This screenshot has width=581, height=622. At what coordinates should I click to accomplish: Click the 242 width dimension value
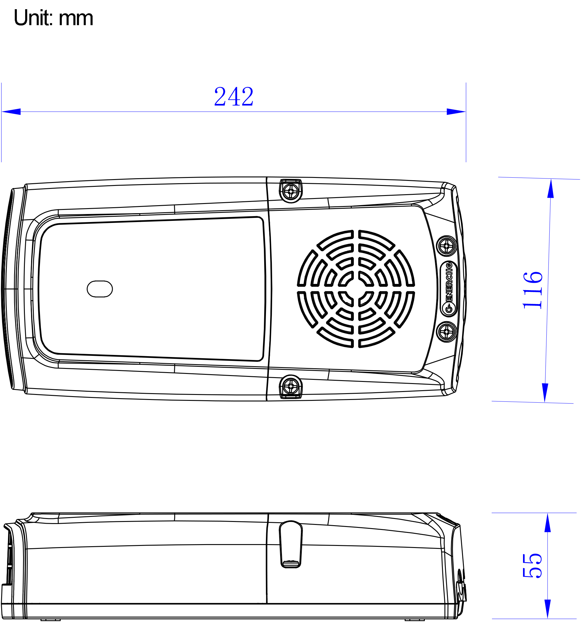click(x=234, y=97)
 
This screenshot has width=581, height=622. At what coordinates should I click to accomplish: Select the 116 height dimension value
click(x=533, y=290)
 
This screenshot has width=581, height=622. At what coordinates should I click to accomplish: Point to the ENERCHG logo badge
click(x=449, y=289)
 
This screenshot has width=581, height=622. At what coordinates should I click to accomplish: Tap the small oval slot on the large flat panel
click(x=100, y=289)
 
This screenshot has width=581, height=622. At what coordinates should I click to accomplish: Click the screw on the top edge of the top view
click(x=291, y=191)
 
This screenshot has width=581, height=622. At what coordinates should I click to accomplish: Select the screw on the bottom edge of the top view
click(x=291, y=387)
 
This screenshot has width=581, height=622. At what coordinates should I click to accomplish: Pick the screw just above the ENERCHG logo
click(x=446, y=246)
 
